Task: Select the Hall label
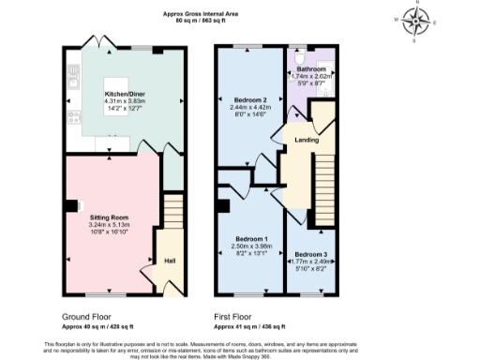pos(170,261)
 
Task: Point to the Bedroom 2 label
pos(249,99)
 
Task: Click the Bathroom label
pos(310,69)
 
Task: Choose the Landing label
pos(306,140)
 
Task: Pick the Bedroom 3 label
pos(310,254)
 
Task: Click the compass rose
pos(417,19)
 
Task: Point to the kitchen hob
pos(71,118)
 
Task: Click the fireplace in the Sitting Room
pos(77,207)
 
